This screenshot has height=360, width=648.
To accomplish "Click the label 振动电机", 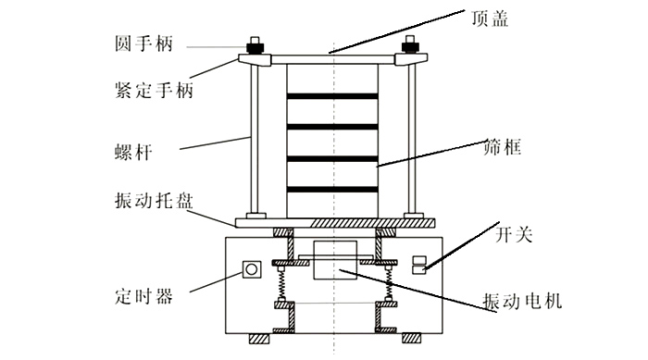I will click(524, 301).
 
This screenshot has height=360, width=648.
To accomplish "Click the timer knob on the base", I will click(250, 269).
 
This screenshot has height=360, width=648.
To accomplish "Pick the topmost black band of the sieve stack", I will click(333, 95).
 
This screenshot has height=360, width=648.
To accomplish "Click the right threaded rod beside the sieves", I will click(414, 139).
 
